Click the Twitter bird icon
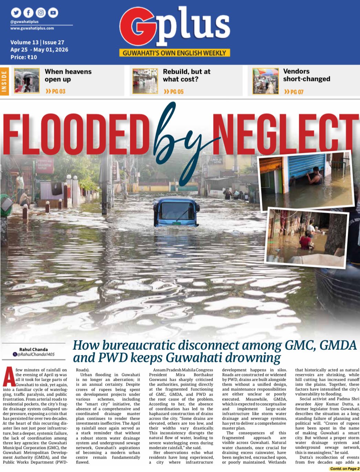click(x=16, y=13)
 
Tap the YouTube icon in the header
click(x=53, y=13)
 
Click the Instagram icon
click(x=41, y=13)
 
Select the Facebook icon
click(x=28, y=13)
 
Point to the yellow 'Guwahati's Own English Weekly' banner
click(x=174, y=53)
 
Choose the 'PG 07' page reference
click(x=294, y=92)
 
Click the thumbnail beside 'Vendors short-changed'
click(x=265, y=81)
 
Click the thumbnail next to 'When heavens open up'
click(x=27, y=81)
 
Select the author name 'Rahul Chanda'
click(x=33, y=349)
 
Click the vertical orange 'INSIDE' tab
click(x=4, y=81)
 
